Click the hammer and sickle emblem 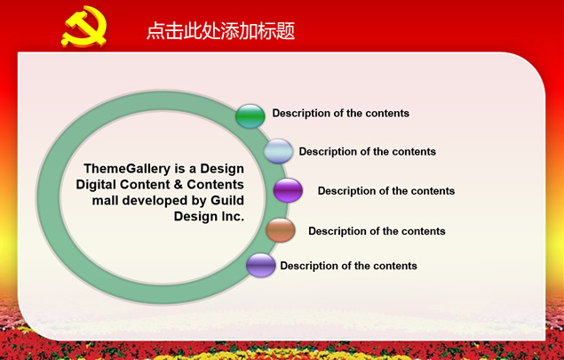84,27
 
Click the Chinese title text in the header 221,30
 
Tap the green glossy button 250,116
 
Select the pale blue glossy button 278,151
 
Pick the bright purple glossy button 288,190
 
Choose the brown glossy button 281,230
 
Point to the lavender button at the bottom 261,265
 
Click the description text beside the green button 341,114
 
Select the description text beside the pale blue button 367,152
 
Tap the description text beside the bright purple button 386,191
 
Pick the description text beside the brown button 377,231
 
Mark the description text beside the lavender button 348,266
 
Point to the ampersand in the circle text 178,184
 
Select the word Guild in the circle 227,200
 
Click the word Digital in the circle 96,185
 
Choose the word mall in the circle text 105,200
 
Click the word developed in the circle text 155,201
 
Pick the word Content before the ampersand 145,184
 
